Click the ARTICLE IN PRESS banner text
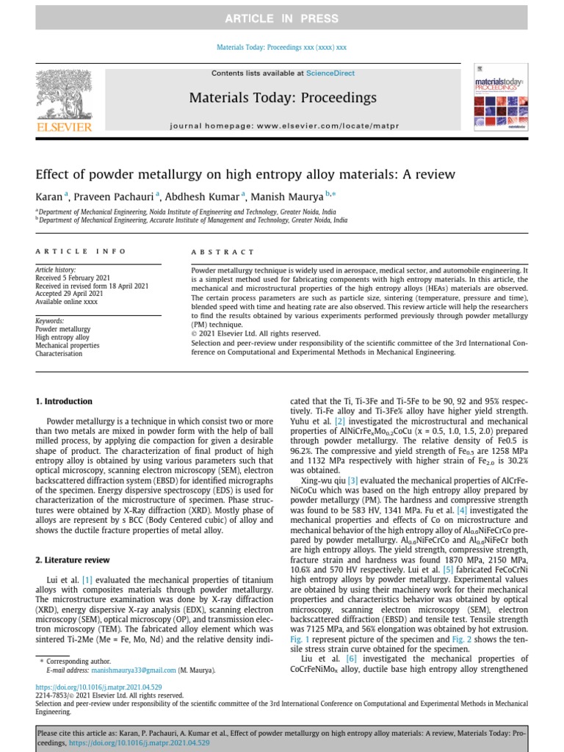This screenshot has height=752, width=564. (281, 18)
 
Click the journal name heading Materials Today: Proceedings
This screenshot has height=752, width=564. (283, 98)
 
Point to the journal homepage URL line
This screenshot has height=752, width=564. (284, 126)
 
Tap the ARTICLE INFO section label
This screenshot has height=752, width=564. (81, 251)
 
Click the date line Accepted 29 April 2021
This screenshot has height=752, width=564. (70, 294)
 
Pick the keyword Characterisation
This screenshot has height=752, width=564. (59, 354)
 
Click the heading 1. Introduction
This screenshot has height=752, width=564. (64, 402)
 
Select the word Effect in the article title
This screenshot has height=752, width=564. (53, 174)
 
